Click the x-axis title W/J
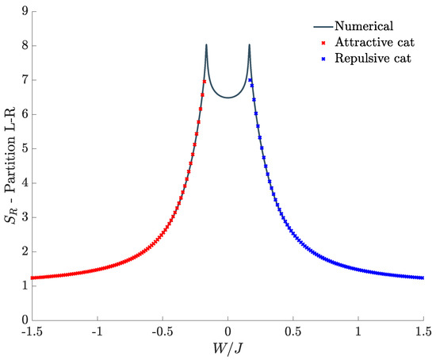tap(228, 347)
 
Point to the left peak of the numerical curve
tap(206, 45)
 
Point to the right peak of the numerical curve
tap(249, 45)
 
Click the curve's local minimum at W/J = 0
tap(228, 98)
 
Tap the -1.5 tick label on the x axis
tap(31, 331)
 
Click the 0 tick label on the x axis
tap(228, 331)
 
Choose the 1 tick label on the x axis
tap(358, 331)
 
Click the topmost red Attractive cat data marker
tap(205, 82)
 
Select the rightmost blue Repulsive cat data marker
tap(423, 278)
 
